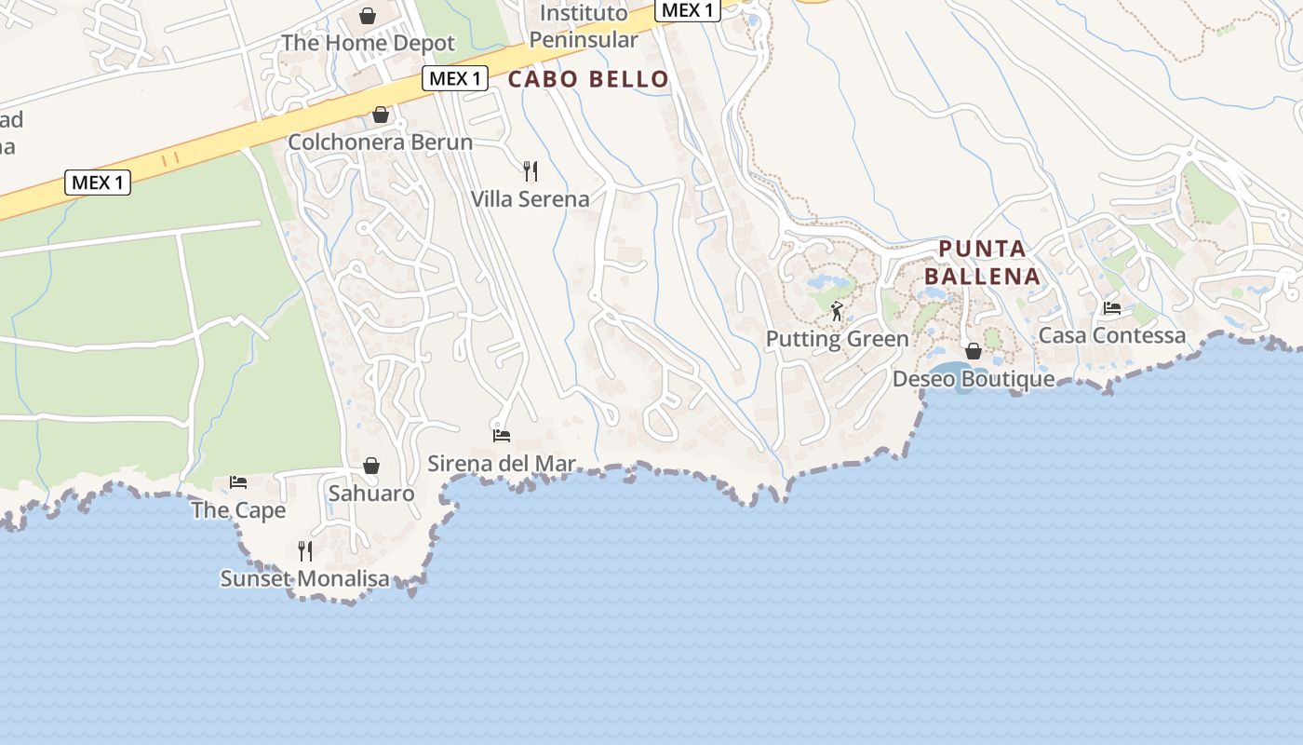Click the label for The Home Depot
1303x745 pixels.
[x=368, y=43]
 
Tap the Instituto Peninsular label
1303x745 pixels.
[x=584, y=27]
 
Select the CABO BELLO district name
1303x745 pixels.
[x=588, y=79]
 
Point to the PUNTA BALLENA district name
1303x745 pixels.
[x=982, y=263]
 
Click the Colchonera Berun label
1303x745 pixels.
[x=380, y=142]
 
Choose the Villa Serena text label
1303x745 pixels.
[x=530, y=199]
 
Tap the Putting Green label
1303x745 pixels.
[x=837, y=339]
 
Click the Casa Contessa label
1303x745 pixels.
[x=1112, y=335]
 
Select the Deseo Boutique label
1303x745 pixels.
[x=974, y=379]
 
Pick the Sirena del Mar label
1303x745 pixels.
[x=502, y=464]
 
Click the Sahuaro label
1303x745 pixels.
[x=371, y=494]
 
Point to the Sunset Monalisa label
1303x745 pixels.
[x=304, y=579]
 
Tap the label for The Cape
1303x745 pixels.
[x=238, y=510]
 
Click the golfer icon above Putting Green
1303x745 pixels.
[x=837, y=311]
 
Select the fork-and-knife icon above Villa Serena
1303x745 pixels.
[x=531, y=171]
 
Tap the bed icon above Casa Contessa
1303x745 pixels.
[x=1112, y=307]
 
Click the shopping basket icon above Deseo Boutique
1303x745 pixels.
[x=974, y=351]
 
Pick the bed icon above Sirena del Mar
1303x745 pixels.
[x=502, y=435]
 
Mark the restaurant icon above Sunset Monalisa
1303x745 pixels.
[x=304, y=551]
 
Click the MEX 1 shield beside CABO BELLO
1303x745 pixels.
[x=455, y=78]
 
